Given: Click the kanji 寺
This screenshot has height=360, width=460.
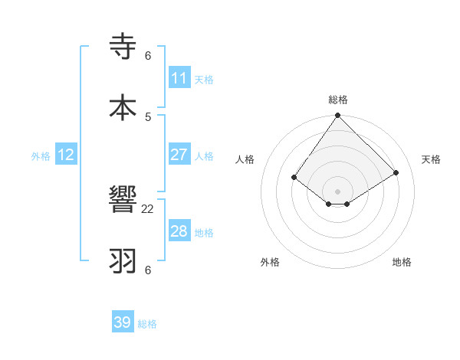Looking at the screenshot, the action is pos(123,47).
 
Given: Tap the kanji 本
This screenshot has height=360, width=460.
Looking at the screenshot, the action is pos(123,106).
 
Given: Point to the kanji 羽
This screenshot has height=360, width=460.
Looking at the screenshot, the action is pos(123,260).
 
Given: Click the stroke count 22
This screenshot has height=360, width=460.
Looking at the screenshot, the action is pos(148,209).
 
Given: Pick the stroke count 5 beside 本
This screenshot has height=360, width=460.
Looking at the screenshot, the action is pos(148,116).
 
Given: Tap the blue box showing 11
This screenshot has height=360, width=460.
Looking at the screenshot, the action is pos(179,78).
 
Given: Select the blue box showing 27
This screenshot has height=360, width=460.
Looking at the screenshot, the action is pos(179,155).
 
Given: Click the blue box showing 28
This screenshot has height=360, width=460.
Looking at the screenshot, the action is pos(179,231).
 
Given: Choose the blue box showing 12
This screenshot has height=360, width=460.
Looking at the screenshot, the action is pos(66,155).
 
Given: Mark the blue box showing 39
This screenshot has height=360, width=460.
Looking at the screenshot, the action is pos(123,322).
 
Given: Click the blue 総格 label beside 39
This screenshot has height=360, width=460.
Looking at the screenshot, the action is pos(148,324).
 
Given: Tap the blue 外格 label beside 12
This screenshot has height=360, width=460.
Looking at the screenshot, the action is pos(41,156).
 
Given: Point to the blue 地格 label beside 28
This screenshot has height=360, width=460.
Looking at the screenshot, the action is pos(204,233).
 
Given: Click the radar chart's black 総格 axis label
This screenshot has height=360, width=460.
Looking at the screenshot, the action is pos(338,100).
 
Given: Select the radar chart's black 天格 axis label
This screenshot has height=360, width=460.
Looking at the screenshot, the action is pos(432,159).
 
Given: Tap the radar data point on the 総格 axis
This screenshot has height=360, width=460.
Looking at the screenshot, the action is pos(338,116).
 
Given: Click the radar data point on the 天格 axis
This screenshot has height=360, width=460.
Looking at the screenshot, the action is pos(396,172).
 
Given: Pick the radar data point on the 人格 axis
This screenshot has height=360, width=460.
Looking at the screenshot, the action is pos(294,177).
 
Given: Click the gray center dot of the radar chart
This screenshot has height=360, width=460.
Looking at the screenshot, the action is pos(338,191).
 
